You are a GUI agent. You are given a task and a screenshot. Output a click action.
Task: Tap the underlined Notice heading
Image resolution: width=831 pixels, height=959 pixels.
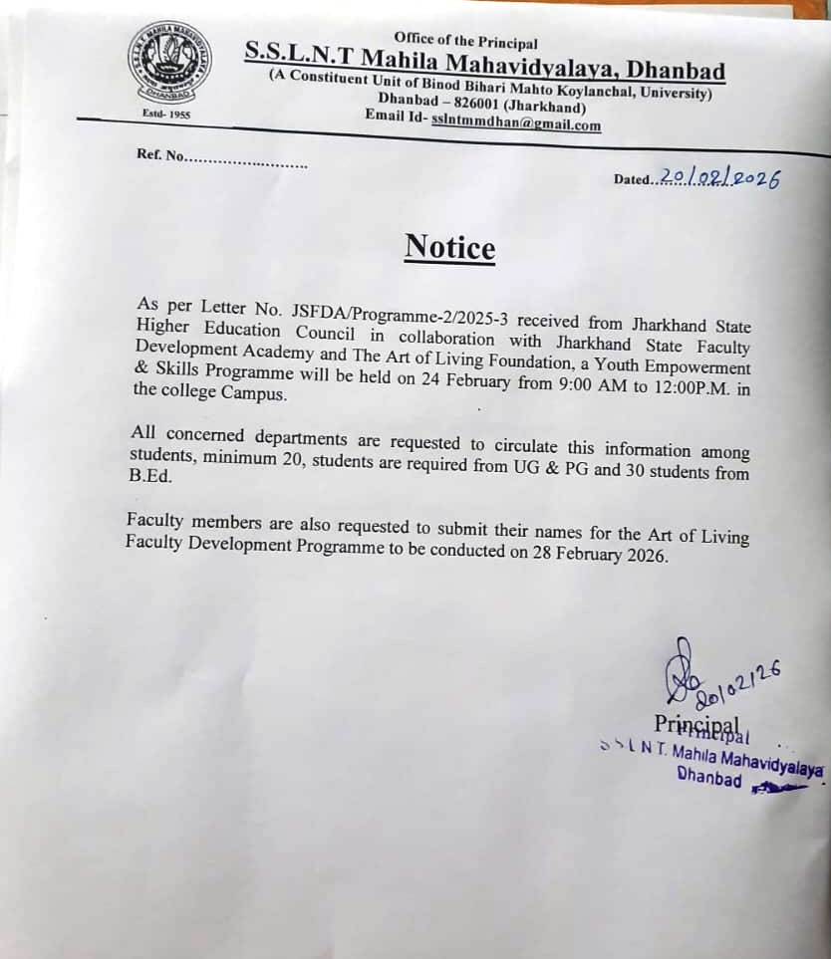coord(449,247)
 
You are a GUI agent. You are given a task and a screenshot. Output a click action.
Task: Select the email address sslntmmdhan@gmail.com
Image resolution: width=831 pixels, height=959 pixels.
coord(516,125)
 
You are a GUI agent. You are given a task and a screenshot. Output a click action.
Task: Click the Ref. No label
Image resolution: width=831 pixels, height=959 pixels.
coord(160,155)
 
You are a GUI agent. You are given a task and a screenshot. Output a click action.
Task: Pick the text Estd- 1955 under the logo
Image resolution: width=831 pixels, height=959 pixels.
coord(166,114)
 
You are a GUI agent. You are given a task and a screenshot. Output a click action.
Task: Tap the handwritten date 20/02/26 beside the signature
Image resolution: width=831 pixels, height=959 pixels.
coord(738,687)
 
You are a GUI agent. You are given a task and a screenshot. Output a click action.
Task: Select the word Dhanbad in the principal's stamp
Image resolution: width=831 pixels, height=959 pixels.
coord(708,778)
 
